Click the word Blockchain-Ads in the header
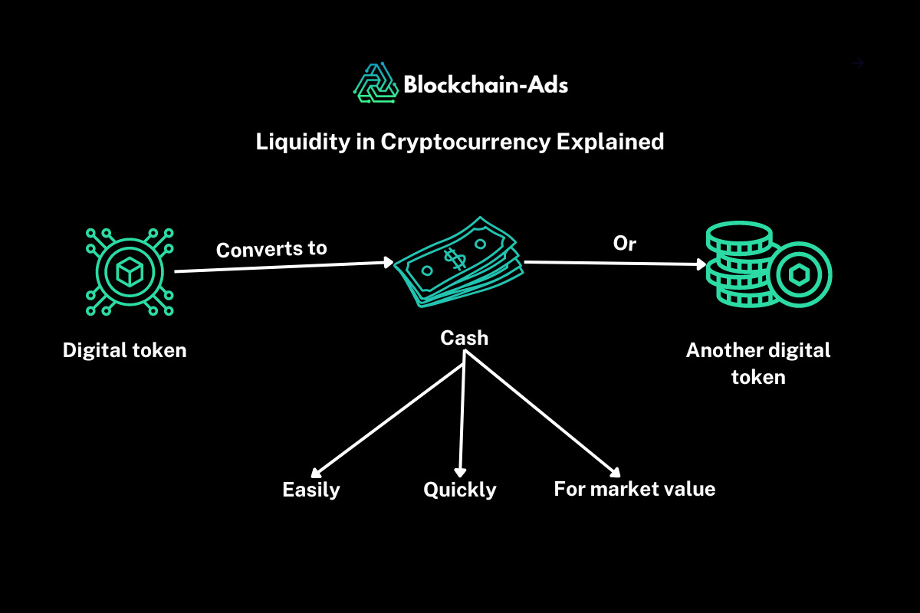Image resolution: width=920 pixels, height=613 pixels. pos(485,84)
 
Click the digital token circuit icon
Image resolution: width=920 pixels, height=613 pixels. pos(129,271)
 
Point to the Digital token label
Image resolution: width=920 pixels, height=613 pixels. pos(124,350)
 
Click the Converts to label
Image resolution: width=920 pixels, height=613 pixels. pos(271,249)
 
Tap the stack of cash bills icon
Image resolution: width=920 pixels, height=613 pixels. pos(458,265)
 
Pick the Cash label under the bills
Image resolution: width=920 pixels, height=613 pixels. pos(464,337)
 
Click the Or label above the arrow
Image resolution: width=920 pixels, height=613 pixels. pos(625,243)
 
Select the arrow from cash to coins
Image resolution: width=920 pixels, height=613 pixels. pos(613,264)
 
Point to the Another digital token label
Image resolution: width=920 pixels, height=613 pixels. pos(758,363)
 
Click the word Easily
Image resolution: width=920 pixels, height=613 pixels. pos(310,490)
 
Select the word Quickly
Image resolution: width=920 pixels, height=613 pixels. pos(459,490)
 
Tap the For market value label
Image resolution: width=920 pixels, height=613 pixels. pos(634,488)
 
